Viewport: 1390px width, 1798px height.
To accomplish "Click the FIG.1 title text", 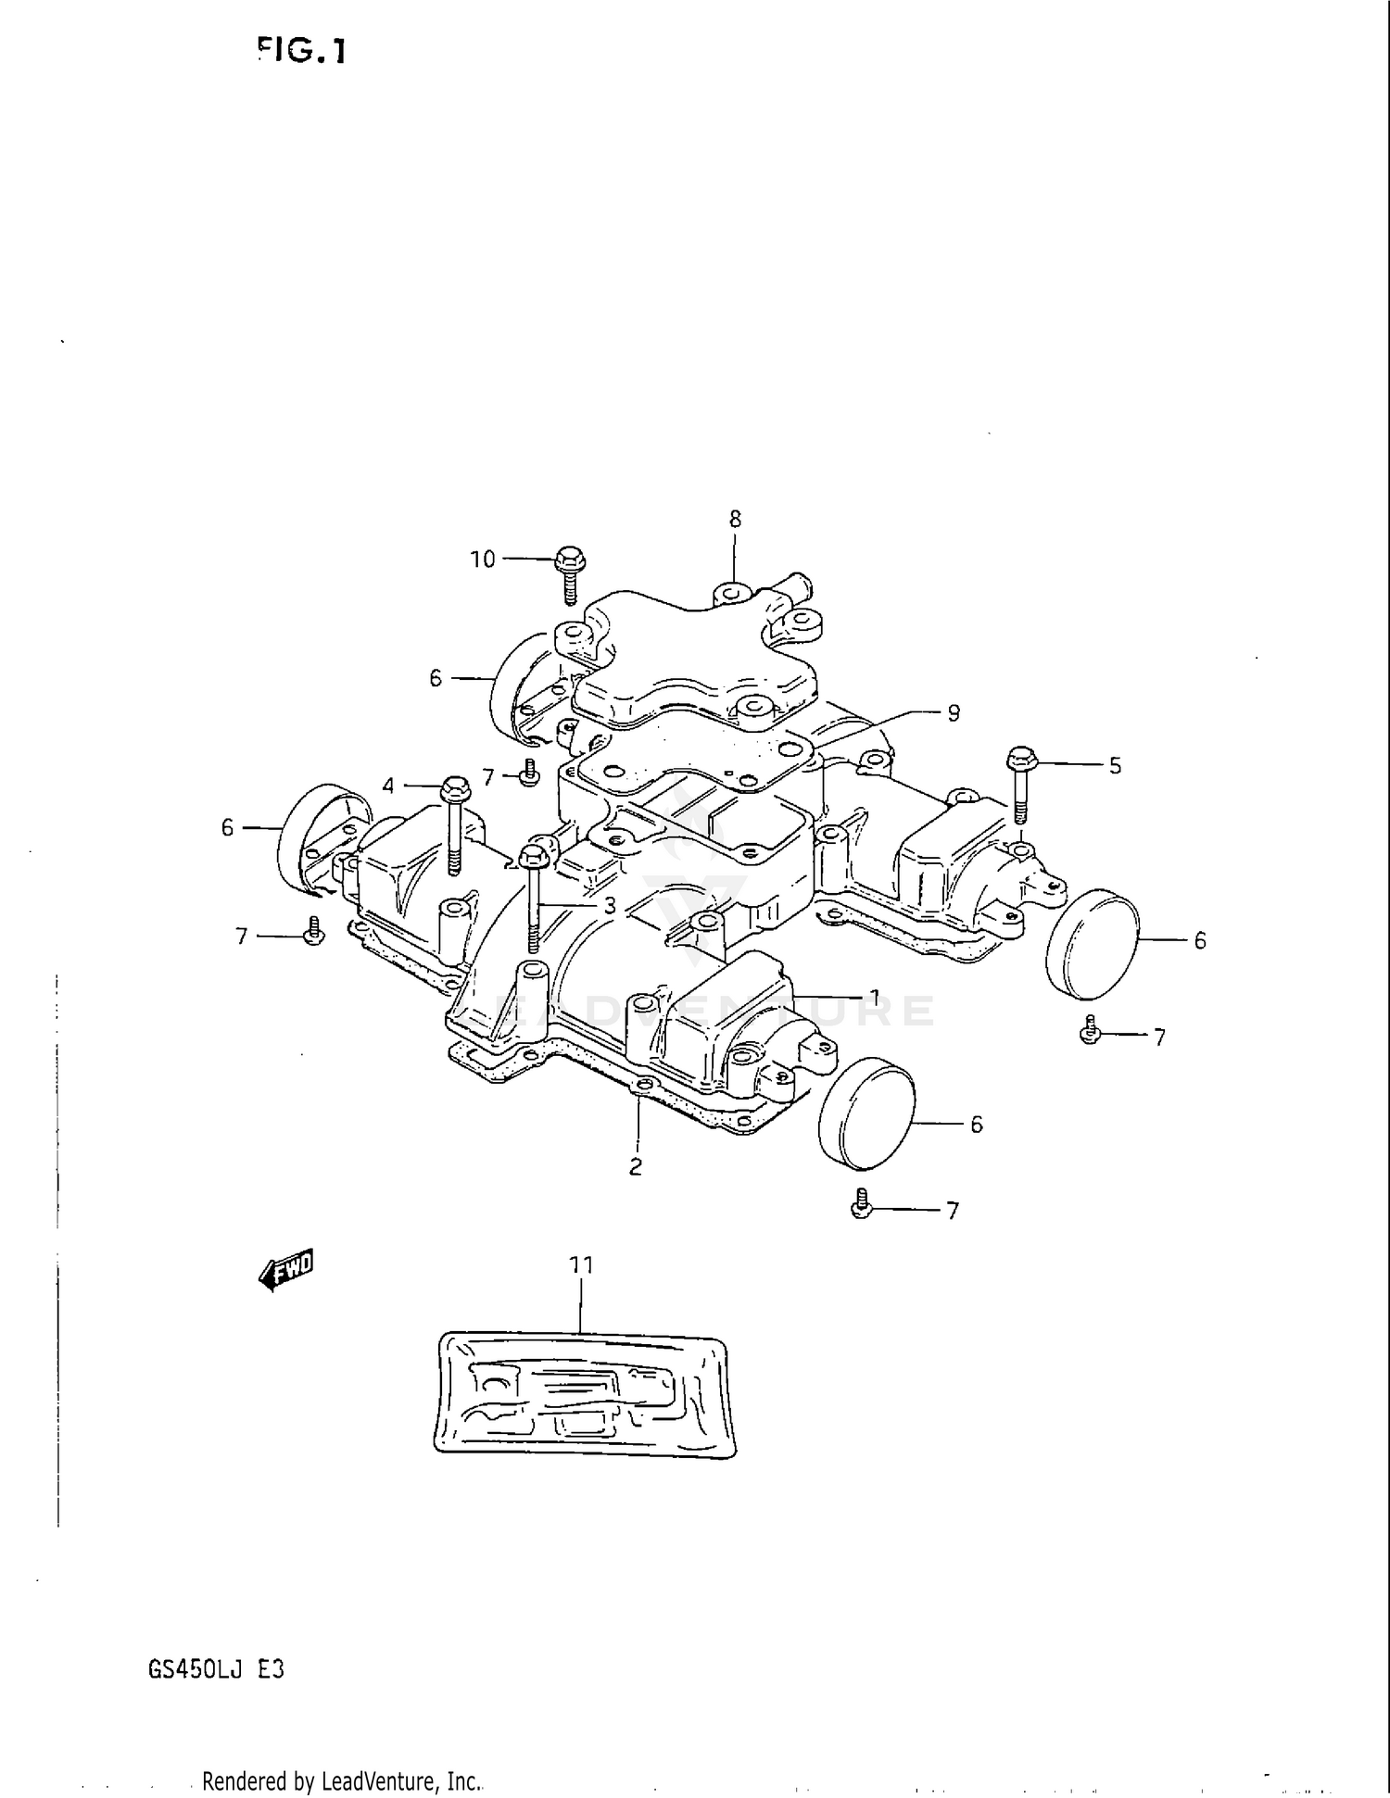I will point(301,51).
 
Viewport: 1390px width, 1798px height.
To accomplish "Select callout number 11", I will point(581,1264).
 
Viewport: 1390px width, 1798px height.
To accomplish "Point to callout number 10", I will point(483,559).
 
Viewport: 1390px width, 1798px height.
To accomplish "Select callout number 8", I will point(735,519).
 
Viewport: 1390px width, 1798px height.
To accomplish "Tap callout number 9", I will point(954,712).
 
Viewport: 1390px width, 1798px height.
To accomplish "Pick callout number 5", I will point(1115,765).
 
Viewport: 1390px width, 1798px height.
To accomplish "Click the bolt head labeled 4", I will point(455,790).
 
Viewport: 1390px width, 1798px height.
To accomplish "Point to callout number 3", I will point(609,905).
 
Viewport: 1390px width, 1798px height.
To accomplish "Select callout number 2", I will point(636,1167).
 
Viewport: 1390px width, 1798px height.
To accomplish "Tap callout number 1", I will point(874,997).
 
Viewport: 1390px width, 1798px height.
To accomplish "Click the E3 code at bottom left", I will point(270,1669).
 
